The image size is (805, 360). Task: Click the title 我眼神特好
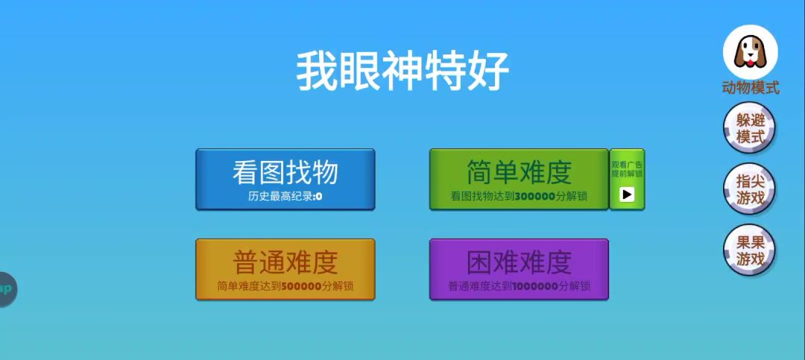402,71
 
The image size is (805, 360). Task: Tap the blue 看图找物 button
285,179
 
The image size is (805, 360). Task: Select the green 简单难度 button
519,179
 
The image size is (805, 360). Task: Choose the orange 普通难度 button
285,269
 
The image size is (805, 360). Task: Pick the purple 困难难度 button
519,269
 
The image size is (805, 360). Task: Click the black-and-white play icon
627,195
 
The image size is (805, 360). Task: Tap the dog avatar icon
750,52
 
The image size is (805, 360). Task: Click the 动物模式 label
751,88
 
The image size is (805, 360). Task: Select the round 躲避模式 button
750,128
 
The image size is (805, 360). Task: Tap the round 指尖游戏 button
750,189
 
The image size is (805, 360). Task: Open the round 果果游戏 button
750,250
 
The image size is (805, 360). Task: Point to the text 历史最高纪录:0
285,196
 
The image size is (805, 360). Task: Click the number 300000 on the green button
535,196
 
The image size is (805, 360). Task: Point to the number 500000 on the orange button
301,286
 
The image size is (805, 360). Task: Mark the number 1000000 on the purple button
535,286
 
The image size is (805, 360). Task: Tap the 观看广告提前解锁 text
627,169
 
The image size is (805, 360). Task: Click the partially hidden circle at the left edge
7,289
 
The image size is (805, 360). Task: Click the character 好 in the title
488,71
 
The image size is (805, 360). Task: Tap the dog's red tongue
750,63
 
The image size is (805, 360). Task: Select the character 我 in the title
317,71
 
